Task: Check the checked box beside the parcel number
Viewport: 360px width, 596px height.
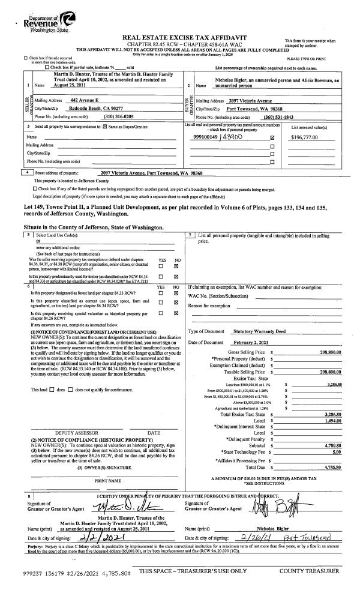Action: pos(272,139)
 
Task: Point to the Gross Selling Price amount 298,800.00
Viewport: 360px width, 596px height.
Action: pos(334,352)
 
